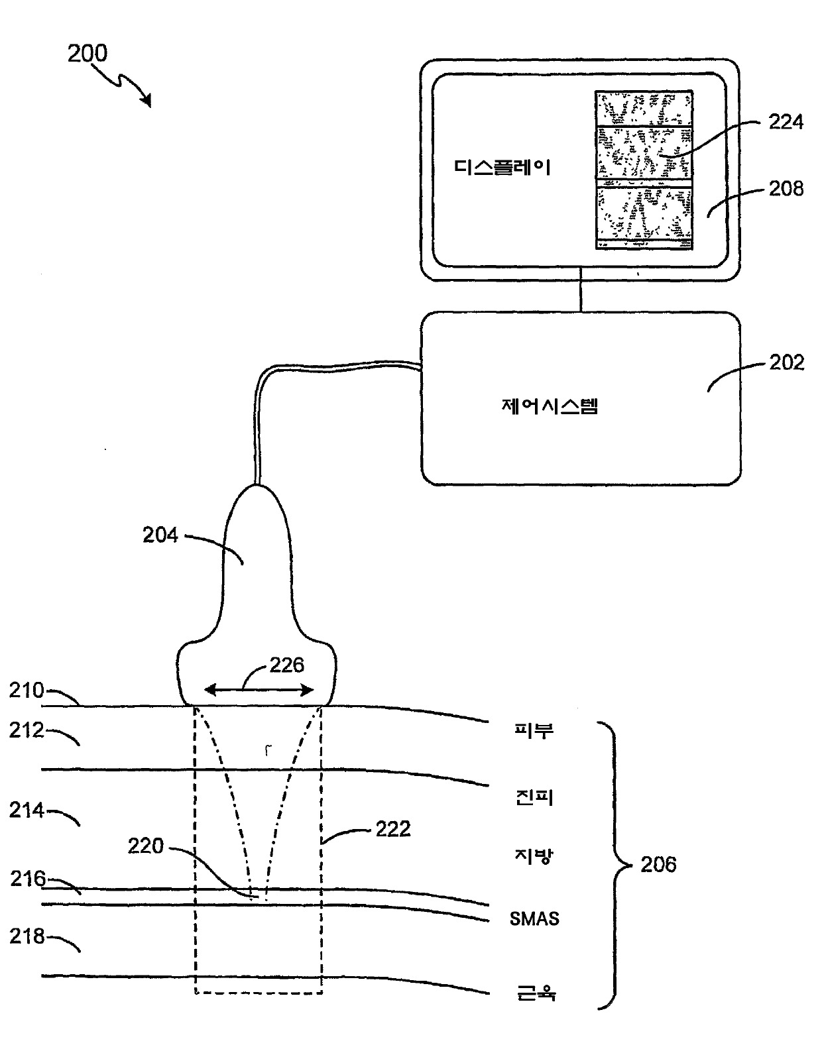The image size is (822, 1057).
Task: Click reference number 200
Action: point(87,53)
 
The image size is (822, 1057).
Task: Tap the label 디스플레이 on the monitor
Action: point(502,167)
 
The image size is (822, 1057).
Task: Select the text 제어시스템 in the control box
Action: point(550,406)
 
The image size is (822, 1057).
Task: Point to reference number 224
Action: point(786,122)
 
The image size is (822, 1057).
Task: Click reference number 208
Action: point(786,188)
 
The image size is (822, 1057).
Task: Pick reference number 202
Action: point(786,362)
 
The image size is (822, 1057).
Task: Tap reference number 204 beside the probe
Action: point(160,535)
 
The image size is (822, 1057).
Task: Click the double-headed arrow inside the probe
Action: point(259,689)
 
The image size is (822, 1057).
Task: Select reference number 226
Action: point(286,665)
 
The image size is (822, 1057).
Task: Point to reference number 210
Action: point(27,691)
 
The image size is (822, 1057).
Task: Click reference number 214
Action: point(27,810)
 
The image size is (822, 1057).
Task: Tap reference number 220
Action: point(145,846)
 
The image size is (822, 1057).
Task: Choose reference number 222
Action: point(393,829)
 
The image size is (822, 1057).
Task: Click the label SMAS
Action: point(534,918)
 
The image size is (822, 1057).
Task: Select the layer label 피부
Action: point(534,730)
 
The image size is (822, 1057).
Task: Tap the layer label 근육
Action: point(536,992)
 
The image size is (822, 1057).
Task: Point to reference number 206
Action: point(658,864)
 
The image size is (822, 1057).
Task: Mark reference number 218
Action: point(27,936)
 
